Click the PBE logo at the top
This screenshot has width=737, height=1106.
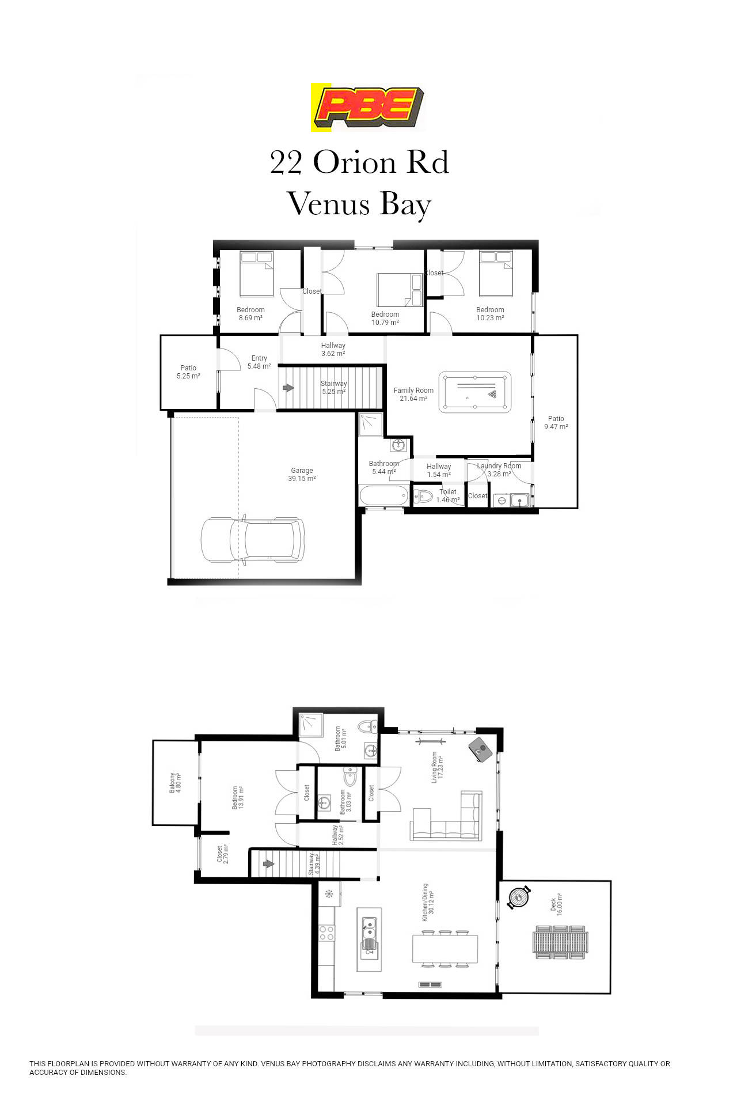tap(368, 107)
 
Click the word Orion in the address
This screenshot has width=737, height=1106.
tap(355, 163)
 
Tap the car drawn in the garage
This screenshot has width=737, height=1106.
tap(252, 540)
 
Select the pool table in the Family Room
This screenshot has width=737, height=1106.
tap(474, 392)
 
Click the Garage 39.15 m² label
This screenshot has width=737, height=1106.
tap(302, 475)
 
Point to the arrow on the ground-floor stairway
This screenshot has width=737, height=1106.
tap(288, 388)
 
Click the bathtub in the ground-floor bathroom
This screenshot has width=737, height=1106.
tap(383, 495)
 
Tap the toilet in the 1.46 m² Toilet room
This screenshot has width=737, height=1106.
tap(424, 495)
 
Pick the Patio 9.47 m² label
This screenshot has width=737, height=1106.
tap(556, 423)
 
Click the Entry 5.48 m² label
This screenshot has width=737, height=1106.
tap(259, 362)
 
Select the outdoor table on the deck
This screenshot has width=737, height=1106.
tap(560, 942)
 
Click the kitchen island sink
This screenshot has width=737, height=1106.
tap(368, 929)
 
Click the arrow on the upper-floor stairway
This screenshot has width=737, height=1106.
tap(268, 864)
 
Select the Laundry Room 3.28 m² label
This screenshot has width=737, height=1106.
tap(499, 470)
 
